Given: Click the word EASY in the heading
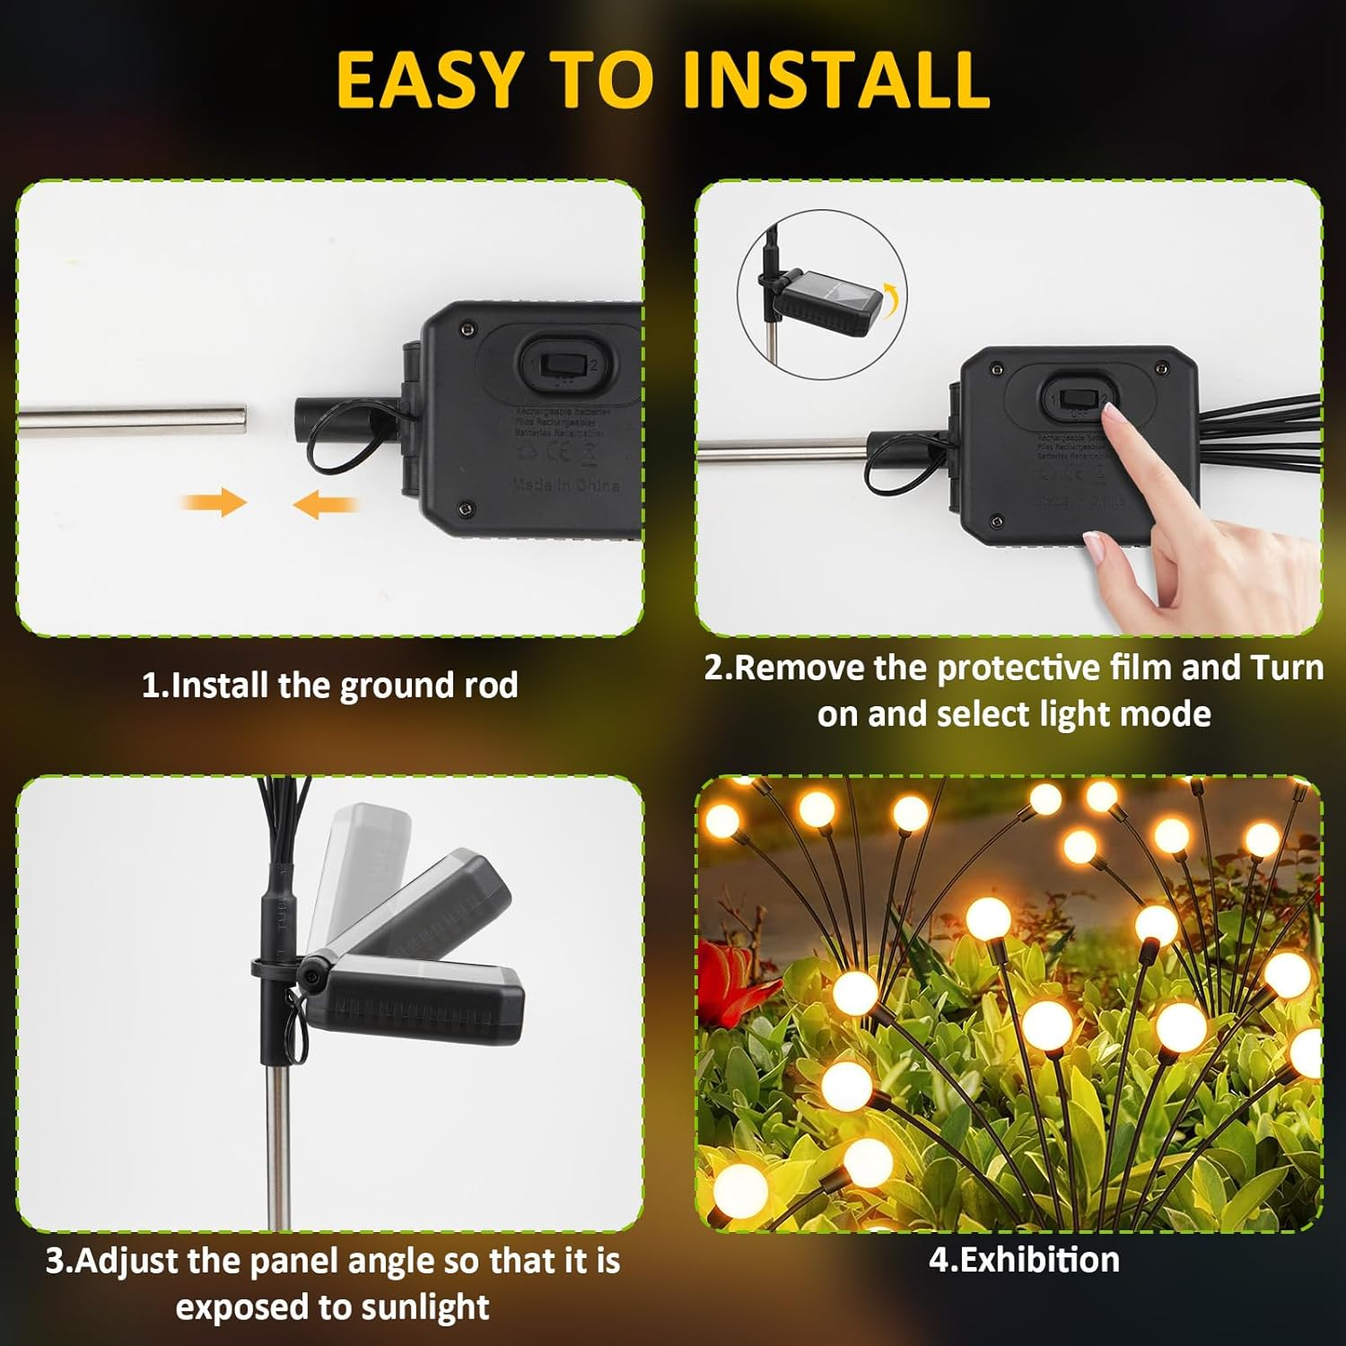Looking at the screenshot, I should pyautogui.click(x=429, y=81).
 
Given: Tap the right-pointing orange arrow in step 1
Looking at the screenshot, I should pyautogui.click(x=215, y=503).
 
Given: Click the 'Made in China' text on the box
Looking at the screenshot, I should pyautogui.click(x=565, y=485).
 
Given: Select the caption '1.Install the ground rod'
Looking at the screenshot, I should pyautogui.click(x=329, y=686).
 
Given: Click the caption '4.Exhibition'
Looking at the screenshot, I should pyautogui.click(x=1024, y=1260).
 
